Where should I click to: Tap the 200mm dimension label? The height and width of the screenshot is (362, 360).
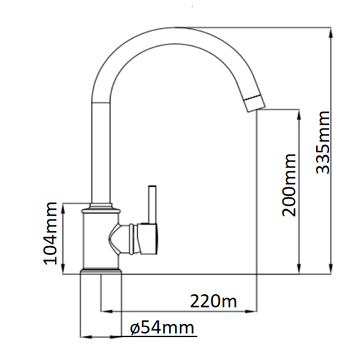[x=290, y=185]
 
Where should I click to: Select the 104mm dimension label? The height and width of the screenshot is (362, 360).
[x=52, y=232]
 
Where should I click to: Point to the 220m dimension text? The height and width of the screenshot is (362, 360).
[x=213, y=301]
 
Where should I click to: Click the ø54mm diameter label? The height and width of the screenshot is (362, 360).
[x=162, y=328]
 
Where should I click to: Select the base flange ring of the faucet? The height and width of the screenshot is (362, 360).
[x=101, y=272]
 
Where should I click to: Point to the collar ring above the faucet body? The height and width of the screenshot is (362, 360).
[x=101, y=209]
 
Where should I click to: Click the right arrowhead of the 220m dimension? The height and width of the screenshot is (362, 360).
[x=254, y=310]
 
